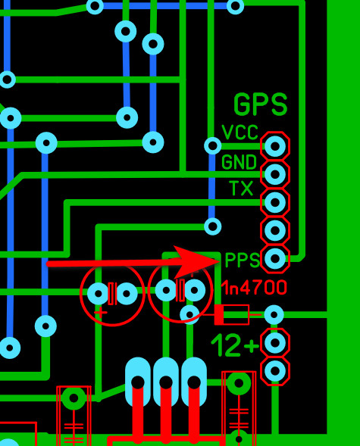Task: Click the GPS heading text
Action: pyautogui.click(x=260, y=104)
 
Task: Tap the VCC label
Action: pyautogui.click(x=239, y=133)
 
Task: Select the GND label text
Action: pyautogui.click(x=239, y=162)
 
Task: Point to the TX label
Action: pyautogui.click(x=241, y=188)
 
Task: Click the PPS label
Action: pyautogui.click(x=243, y=260)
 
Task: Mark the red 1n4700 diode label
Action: pyautogui.click(x=254, y=288)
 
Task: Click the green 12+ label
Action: pyautogui.click(x=235, y=345)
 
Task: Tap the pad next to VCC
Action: pyautogui.click(x=275, y=146)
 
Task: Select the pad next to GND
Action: pyautogui.click(x=275, y=174)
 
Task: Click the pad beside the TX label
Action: pyautogui.click(x=275, y=202)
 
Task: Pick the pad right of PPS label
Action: pyautogui.click(x=275, y=259)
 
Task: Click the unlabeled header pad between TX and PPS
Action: pyautogui.click(x=275, y=230)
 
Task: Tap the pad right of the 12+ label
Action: pyautogui.click(x=275, y=343)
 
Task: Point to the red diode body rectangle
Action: pyautogui.click(x=232, y=314)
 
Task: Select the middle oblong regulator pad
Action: pyautogui.click(x=166, y=381)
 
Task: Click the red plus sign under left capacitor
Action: pyautogui.click(x=101, y=313)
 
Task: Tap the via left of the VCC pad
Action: pyautogui.click(x=212, y=145)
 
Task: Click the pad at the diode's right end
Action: pyautogui.click(x=274, y=314)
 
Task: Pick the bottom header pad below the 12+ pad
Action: pyautogui.click(x=275, y=371)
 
